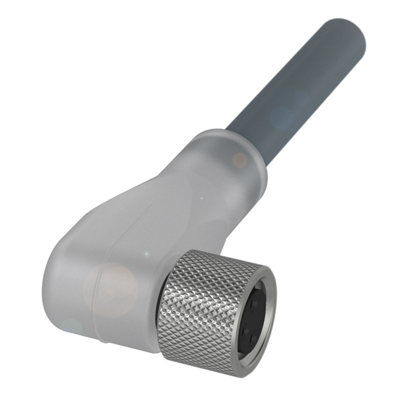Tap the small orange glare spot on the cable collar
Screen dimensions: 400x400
coord(240,159)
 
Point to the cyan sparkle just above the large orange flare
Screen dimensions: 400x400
coord(146,254)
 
